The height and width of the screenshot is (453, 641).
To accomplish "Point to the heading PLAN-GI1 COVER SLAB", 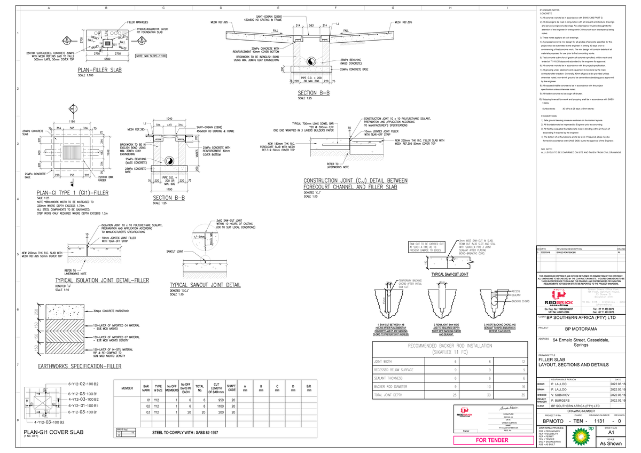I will coord(52,432).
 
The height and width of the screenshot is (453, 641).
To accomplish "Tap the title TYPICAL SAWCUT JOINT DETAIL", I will coord(205,285).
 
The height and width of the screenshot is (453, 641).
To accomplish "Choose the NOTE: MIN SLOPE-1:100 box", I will coord(151,56).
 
